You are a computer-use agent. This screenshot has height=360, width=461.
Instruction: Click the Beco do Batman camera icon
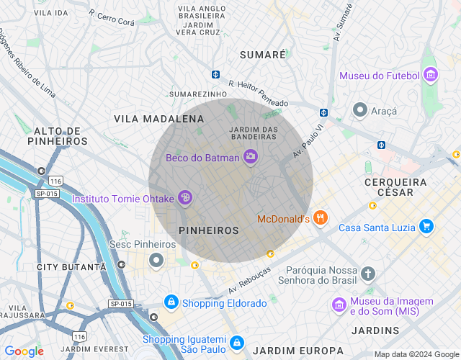click(251, 157)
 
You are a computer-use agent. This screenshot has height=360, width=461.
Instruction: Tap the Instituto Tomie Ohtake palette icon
click(184, 197)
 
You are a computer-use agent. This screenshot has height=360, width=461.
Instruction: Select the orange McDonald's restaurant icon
click(321, 218)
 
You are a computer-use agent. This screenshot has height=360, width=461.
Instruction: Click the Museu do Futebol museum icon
click(431, 76)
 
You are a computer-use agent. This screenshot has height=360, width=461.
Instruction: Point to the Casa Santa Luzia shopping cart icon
click(426, 227)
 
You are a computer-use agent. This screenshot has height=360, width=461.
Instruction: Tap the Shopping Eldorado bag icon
click(171, 302)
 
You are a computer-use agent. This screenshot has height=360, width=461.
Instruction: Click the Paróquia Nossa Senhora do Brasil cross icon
click(368, 274)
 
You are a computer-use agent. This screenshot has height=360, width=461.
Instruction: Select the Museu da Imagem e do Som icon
click(339, 305)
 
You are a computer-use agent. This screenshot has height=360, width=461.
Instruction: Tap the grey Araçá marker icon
click(359, 110)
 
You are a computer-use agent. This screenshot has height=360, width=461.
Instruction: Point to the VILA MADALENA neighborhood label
click(159, 118)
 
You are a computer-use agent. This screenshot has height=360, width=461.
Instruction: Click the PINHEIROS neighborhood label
click(208, 230)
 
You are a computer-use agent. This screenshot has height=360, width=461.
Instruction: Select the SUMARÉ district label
click(262, 55)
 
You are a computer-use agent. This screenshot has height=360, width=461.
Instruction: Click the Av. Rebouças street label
click(249, 281)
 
